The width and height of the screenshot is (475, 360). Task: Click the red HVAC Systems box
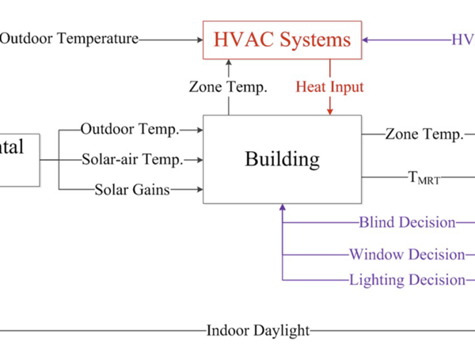283,39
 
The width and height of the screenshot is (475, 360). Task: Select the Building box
282,159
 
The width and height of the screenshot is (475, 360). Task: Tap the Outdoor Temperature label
69,38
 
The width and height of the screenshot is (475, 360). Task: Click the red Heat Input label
329,86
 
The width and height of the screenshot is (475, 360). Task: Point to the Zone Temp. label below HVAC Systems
228,86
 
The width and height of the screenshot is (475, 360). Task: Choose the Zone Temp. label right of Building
424,135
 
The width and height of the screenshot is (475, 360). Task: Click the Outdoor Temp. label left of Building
130,129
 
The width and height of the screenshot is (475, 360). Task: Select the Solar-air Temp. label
132,159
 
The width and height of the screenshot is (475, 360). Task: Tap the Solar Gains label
132,189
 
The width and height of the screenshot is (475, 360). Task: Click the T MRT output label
424,179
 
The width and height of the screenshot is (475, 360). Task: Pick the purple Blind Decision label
408,222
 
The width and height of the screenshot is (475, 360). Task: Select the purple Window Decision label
407,254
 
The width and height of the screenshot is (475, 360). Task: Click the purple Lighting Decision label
407,279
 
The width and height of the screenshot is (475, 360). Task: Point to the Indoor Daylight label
258,331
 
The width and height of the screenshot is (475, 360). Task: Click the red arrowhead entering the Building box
329,111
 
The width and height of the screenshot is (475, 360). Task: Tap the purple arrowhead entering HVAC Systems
367,38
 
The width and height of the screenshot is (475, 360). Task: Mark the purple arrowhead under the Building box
283,209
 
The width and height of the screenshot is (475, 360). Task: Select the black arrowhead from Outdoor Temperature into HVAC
199,38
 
